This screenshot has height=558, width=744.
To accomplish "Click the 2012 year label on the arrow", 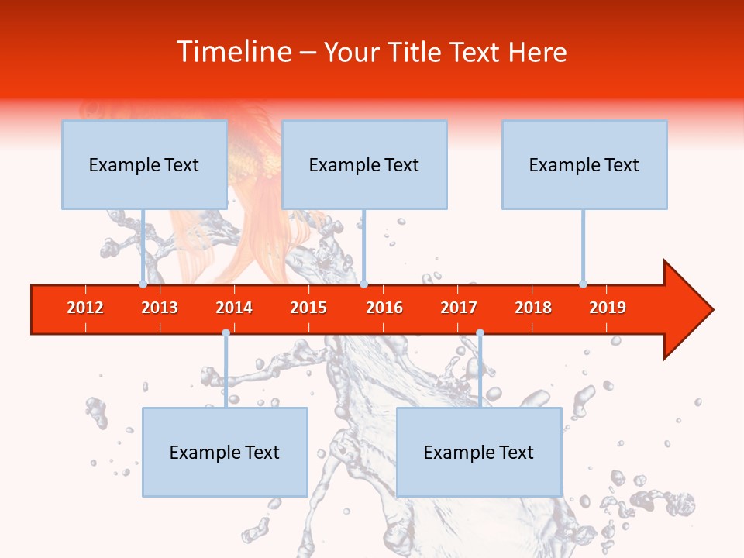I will tap(85, 308).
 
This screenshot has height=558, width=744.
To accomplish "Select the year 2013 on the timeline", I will tap(160, 308).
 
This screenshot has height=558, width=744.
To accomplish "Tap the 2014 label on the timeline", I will tap(234, 308).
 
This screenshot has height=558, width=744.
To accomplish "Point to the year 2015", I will tap(308, 308).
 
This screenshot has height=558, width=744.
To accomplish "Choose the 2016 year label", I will tap(384, 308).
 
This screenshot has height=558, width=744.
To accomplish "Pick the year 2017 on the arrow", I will tap(459, 308).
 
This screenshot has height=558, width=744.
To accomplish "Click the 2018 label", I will tap(533, 308).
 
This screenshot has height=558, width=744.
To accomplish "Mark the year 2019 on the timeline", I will tap(608, 308).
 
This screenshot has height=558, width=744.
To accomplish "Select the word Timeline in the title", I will tap(232, 52).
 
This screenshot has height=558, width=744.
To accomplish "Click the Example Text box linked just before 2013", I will tap(144, 164).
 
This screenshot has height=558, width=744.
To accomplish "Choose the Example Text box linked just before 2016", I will tap(364, 164).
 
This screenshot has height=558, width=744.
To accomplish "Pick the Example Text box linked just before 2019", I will tap(584, 164).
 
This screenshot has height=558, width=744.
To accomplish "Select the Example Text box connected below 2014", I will tap(225, 452).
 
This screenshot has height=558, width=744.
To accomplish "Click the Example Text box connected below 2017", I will tap(479, 452).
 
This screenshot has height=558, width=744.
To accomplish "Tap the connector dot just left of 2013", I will tap(143, 284).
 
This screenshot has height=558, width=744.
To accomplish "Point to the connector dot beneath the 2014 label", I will tap(226, 333).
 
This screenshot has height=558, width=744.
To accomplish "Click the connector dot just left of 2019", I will tap(583, 284).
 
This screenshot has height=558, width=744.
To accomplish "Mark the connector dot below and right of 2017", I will tap(480, 333).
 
